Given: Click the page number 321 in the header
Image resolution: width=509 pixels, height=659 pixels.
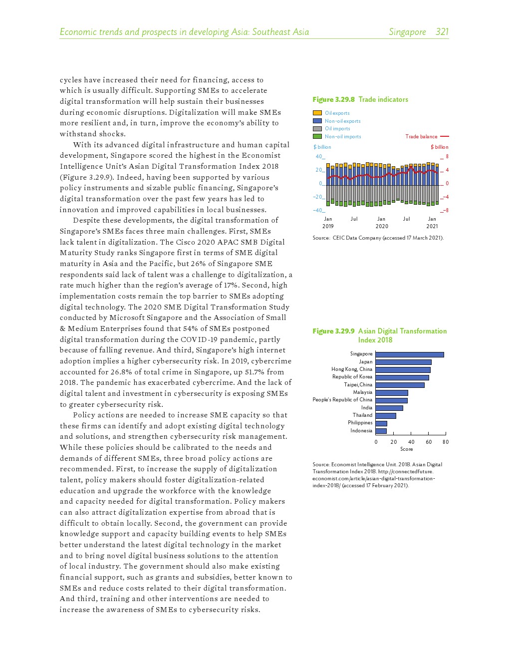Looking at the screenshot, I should pyautogui.click(x=442, y=32).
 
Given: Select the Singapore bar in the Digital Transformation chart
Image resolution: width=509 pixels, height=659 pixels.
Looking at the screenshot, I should pyautogui.click(x=409, y=354).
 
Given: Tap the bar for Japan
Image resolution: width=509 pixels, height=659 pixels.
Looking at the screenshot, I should pyautogui.click(x=403, y=362).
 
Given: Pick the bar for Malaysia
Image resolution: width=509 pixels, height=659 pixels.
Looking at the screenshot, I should pyautogui.click(x=392, y=393).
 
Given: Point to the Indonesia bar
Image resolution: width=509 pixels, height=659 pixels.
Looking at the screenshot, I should pyautogui.click(x=381, y=431).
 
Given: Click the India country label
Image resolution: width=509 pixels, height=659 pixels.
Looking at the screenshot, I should pyautogui.click(x=367, y=408).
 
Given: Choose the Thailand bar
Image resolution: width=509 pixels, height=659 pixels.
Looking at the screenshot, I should pyautogui.click(x=386, y=415).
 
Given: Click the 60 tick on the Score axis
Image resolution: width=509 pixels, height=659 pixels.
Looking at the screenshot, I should pyautogui.click(x=429, y=442).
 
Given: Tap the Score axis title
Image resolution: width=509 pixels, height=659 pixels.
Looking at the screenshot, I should pyautogui.click(x=407, y=449).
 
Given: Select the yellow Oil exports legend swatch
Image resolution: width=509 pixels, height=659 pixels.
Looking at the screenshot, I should pyautogui.click(x=317, y=113).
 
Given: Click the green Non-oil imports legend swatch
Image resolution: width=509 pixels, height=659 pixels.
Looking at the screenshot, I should pyautogui.click(x=317, y=136).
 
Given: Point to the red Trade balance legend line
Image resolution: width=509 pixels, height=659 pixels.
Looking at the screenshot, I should pyautogui.click(x=445, y=136).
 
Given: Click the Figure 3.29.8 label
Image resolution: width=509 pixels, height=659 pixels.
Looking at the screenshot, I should pyautogui.click(x=333, y=100).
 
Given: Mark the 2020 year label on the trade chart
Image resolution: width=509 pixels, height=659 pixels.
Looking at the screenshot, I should pyautogui.click(x=382, y=227).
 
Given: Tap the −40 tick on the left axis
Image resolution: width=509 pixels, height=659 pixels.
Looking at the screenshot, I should pyautogui.click(x=318, y=210).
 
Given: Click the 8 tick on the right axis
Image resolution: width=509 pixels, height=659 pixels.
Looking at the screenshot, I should pyautogui.click(x=447, y=156).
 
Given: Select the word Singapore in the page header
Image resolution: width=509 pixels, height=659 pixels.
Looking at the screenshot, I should pyautogui.click(x=407, y=32).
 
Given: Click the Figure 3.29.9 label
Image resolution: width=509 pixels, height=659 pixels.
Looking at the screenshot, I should pyautogui.click(x=333, y=331).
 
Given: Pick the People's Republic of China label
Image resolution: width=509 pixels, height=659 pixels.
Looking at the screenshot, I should pyautogui.click(x=342, y=400).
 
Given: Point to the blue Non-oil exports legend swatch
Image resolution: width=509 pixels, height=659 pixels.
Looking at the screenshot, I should pyautogui.click(x=317, y=121).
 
